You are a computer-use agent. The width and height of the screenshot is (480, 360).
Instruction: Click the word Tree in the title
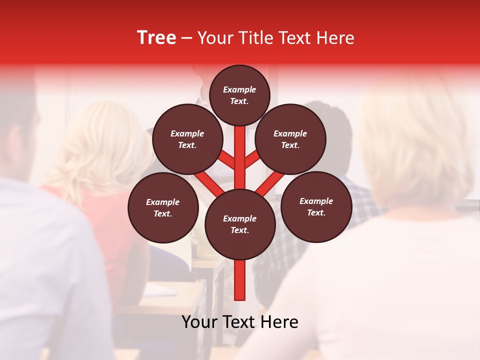(156, 38)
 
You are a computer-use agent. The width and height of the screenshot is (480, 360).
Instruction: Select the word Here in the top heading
(335, 38)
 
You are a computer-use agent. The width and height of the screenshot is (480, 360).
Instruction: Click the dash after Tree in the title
(187, 38)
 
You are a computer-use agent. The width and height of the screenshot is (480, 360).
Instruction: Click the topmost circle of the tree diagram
(239, 95)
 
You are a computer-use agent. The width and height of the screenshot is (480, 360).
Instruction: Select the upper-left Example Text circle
(187, 139)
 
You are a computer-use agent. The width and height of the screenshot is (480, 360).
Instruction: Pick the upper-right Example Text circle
(290, 139)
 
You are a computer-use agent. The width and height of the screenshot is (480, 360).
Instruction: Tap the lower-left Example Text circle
(163, 207)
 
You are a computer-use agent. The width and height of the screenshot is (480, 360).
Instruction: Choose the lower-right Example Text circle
(316, 206)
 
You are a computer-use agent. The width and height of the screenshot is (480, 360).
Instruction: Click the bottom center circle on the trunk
(240, 224)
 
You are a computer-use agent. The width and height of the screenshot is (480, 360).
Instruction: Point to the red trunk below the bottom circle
(240, 280)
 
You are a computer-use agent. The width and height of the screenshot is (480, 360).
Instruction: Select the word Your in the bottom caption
(200, 322)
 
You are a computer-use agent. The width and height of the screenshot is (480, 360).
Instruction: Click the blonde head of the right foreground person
(415, 140)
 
